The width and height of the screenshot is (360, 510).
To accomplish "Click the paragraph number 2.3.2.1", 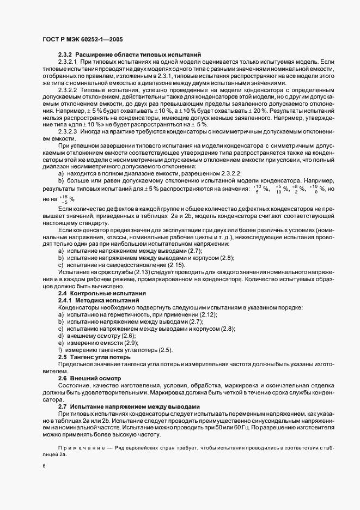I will point(69,63).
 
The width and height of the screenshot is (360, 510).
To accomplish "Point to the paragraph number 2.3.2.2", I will point(69,89).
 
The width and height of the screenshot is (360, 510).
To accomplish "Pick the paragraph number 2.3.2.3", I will point(69,131).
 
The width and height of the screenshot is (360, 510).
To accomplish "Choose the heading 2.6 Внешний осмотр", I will point(86,378).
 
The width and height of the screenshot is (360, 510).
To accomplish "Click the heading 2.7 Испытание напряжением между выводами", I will point(129,406).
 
